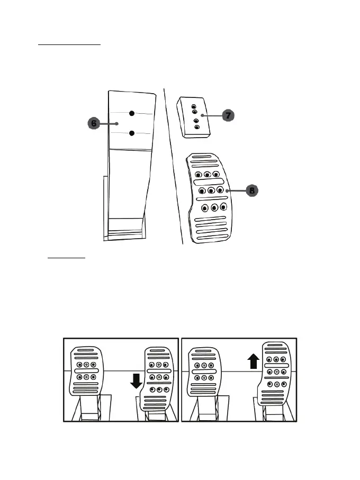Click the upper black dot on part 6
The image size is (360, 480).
(132, 113)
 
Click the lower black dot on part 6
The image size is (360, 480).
(132, 133)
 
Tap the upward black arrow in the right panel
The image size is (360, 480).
(254, 362)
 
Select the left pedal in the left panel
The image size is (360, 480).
(87, 372)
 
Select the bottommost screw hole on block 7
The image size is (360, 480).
(197, 127)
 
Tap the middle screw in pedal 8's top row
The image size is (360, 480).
(207, 174)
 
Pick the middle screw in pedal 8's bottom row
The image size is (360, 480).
(214, 207)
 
